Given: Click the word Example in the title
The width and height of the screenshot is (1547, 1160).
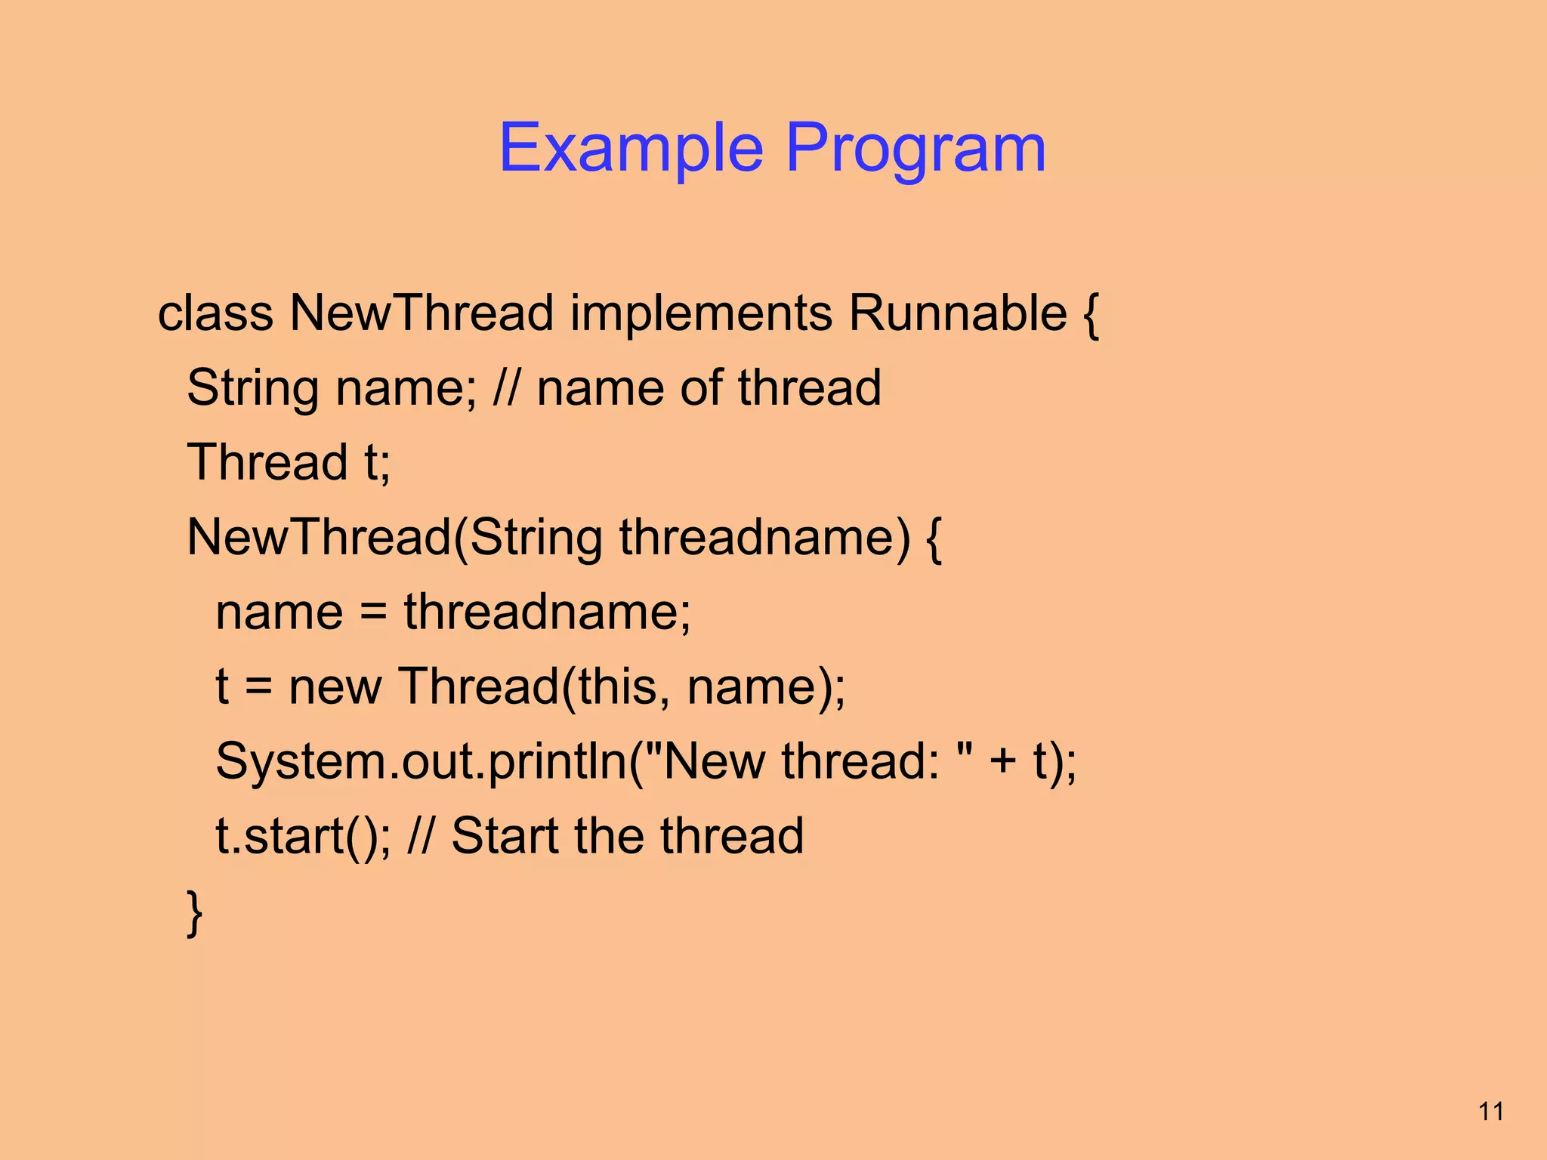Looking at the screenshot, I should (x=631, y=149).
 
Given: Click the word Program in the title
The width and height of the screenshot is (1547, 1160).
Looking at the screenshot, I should (x=916, y=149).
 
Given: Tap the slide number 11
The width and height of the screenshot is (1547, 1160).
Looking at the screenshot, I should (x=1491, y=1112).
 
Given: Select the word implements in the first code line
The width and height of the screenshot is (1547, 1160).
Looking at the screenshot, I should (x=701, y=313).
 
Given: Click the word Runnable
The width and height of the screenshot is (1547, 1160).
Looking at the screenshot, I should (x=957, y=313).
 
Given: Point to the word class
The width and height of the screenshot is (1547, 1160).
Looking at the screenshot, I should (x=215, y=313).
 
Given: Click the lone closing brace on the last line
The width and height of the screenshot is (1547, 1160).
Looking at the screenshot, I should (x=194, y=912).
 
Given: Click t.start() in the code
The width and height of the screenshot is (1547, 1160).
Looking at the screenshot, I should (x=302, y=837).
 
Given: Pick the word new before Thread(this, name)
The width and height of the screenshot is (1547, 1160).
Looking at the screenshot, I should (x=335, y=687).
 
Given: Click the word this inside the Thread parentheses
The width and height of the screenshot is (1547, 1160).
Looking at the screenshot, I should (x=617, y=687).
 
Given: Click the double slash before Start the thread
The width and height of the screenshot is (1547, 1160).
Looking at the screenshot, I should (x=421, y=836).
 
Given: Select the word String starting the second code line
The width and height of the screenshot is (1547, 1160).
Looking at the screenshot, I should (x=252, y=388).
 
